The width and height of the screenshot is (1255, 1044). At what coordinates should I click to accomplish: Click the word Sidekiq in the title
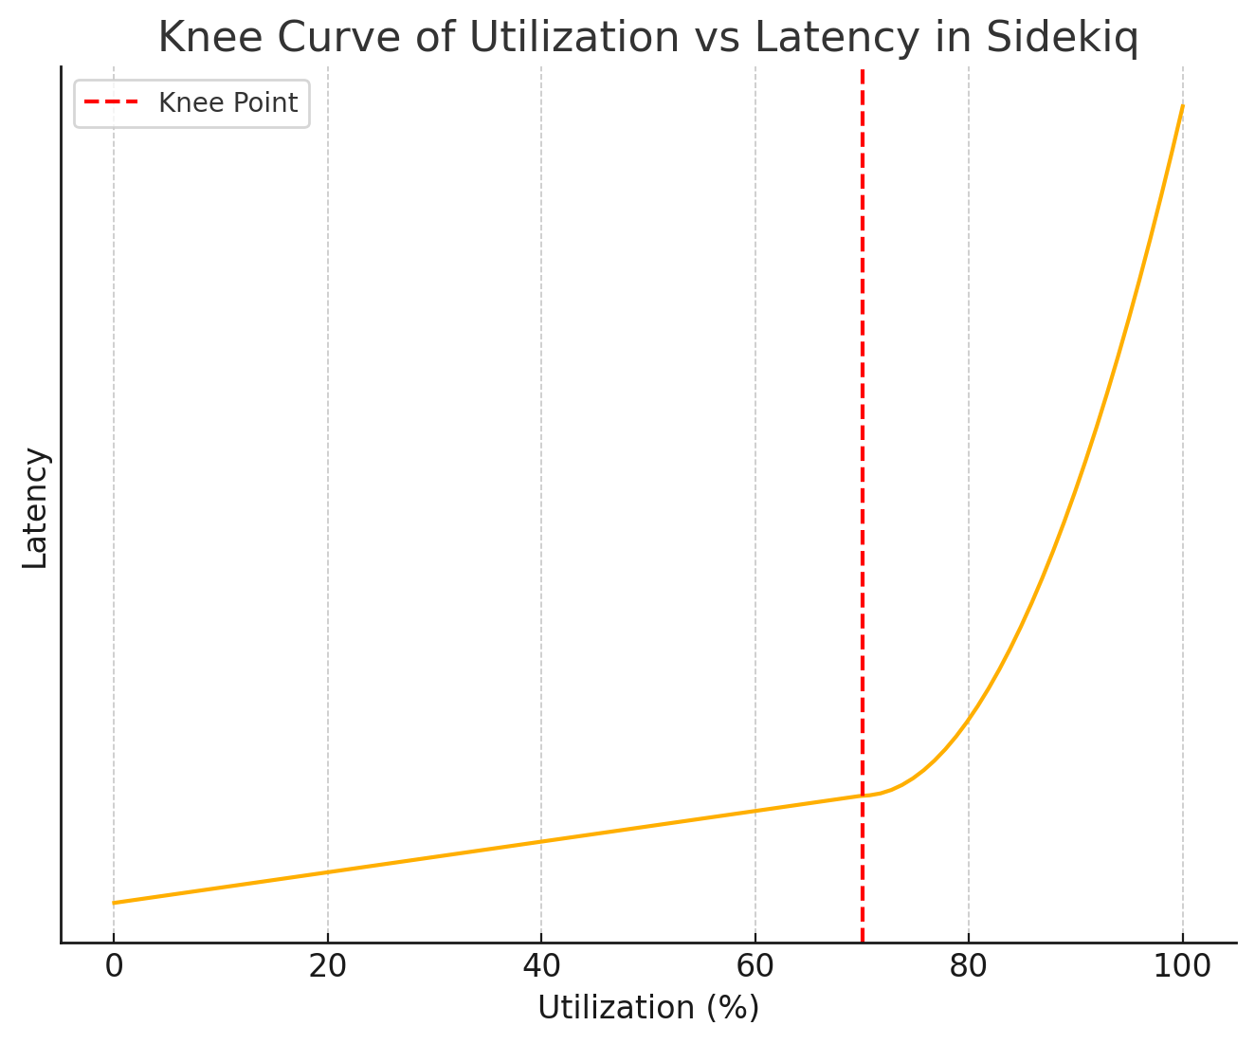[1062, 38]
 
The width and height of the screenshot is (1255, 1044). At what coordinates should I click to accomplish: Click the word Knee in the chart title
[199, 38]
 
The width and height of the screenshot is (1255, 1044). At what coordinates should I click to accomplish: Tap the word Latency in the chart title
[837, 38]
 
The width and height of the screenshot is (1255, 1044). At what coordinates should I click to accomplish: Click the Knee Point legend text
[227, 102]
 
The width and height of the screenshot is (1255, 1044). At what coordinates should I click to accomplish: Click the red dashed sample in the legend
[112, 102]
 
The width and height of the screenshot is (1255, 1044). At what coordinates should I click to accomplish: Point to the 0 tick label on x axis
[114, 966]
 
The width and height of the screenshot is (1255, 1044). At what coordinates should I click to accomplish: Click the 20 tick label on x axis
[328, 966]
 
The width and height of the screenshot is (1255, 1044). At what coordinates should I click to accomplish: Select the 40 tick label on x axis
[541, 966]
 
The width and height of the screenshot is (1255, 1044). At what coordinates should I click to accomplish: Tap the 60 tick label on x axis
[755, 966]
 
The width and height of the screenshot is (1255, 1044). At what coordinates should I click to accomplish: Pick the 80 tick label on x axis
[969, 966]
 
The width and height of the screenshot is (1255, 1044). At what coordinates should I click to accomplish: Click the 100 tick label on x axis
[1182, 966]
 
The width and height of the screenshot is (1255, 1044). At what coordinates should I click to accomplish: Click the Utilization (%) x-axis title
[648, 1007]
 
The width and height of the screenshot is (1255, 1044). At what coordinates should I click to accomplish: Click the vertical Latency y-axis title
[35, 507]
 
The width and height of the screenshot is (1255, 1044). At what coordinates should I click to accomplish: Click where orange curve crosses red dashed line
[863, 796]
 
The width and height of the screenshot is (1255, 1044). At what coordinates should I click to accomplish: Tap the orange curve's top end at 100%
[1182, 106]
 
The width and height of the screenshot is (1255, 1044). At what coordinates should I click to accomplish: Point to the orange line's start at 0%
[114, 903]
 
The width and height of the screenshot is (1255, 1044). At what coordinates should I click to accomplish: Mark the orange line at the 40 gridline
[541, 841]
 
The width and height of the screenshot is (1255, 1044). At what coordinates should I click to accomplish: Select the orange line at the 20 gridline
[328, 872]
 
